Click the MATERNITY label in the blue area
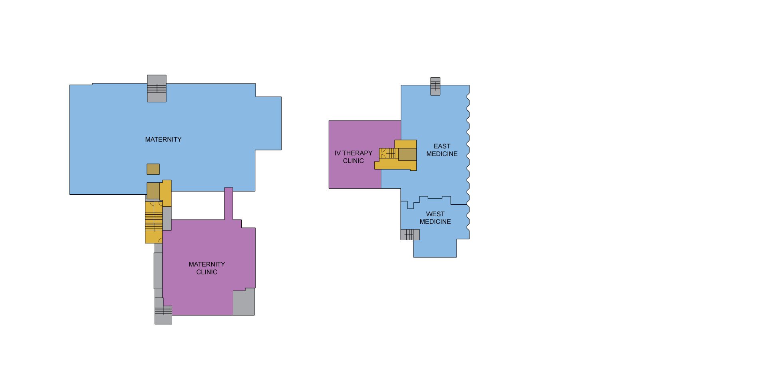(163, 139)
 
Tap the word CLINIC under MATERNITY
(207, 272)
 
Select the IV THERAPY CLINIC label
(353, 157)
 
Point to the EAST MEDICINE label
(442, 150)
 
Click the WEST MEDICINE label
(435, 218)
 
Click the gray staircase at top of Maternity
(157, 89)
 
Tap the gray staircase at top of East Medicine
(435, 87)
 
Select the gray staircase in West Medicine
(410, 235)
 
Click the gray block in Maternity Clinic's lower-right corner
(244, 302)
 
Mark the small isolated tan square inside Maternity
(153, 169)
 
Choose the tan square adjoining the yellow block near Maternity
(153, 191)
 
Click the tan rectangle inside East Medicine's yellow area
(407, 154)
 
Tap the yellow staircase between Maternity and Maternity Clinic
(154, 221)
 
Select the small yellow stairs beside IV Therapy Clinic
(389, 153)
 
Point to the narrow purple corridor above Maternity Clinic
(228, 203)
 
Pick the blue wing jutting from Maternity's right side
(268, 123)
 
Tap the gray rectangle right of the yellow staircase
(167, 218)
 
